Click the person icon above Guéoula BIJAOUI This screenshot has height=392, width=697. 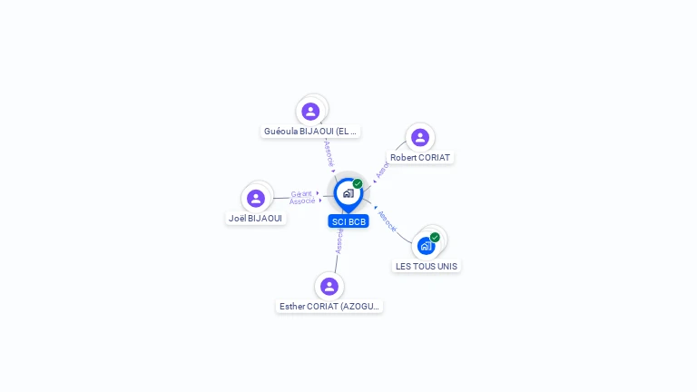[x=311, y=112]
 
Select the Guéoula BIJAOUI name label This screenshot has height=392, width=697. [x=311, y=132]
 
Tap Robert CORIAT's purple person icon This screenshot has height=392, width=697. [x=419, y=138]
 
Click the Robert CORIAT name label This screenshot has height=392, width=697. [x=420, y=158]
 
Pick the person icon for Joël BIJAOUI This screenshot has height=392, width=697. [x=256, y=198]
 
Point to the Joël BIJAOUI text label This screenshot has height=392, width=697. [x=256, y=219]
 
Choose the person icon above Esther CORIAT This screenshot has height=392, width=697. [x=329, y=286]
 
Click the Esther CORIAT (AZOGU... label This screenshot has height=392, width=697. [x=330, y=307]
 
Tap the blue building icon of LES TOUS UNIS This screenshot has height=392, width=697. [x=426, y=246]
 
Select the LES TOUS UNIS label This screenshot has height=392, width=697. [x=427, y=267]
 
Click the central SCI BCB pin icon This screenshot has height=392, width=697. [x=348, y=193]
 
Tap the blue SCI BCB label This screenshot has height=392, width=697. [x=348, y=221]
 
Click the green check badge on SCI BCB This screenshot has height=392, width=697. [x=358, y=184]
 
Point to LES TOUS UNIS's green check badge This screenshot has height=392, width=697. [x=435, y=238]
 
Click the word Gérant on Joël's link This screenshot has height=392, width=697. [x=301, y=193]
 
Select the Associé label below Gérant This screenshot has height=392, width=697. [x=302, y=201]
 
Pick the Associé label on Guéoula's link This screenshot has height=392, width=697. [x=329, y=152]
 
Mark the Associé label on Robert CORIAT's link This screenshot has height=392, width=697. [x=383, y=168]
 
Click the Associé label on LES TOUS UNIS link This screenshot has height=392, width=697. [x=388, y=221]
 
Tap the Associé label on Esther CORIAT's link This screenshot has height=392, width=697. [x=339, y=240]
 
